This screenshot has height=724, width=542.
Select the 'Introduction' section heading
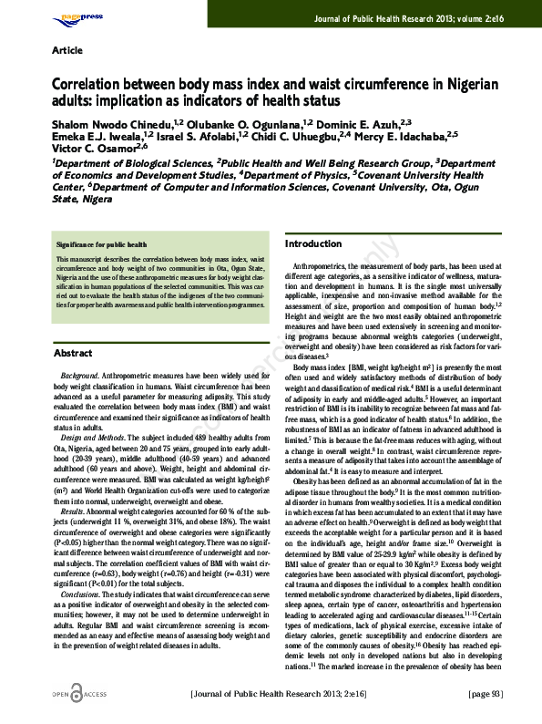tap(313, 244)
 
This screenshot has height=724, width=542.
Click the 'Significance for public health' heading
tap(101, 245)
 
